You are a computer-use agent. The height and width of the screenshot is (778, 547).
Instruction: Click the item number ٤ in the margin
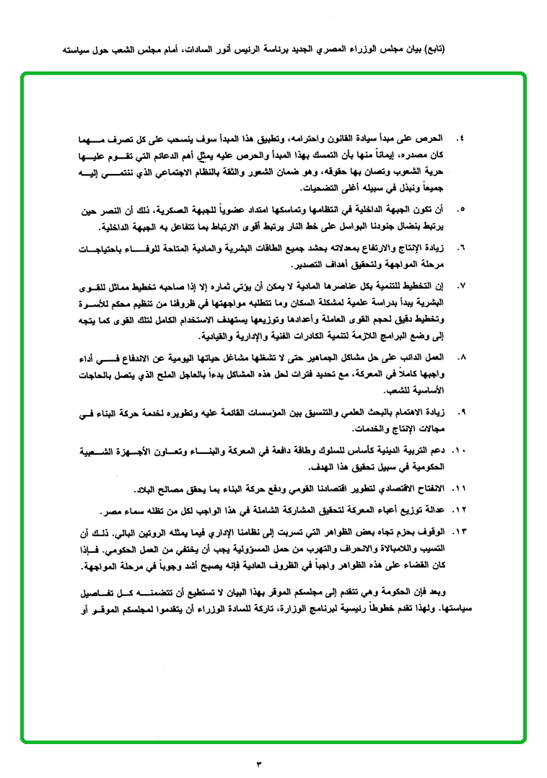coord(462,137)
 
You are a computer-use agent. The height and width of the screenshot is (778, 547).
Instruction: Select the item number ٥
coord(462,209)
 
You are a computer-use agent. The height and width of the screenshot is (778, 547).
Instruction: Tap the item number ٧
coord(462,287)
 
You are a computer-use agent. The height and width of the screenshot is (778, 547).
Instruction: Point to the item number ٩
coord(462,413)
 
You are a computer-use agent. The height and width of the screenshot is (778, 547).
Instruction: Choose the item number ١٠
coord(460,450)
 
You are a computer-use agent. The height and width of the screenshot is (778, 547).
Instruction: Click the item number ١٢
coord(460,510)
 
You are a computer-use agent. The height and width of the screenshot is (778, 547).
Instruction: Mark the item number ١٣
coord(460,531)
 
